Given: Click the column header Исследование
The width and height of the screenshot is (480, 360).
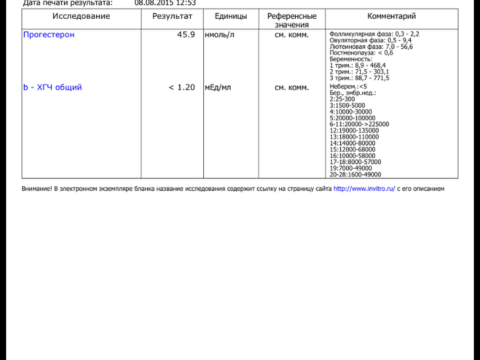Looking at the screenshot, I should (x=81, y=16).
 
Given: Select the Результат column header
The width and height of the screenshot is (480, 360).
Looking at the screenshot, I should (x=172, y=16).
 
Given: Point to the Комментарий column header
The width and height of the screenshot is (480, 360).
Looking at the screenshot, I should (x=391, y=16).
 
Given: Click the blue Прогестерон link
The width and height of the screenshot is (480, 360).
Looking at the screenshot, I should (x=49, y=35).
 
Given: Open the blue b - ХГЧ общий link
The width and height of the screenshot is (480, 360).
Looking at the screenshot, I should (x=52, y=88).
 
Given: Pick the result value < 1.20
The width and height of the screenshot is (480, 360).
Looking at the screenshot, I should (x=181, y=88).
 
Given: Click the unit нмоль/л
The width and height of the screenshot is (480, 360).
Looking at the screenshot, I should (x=220, y=35).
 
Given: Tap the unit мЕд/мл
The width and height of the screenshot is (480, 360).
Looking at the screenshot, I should (x=218, y=88).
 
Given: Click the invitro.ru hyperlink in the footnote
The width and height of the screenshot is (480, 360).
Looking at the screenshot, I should (x=364, y=188).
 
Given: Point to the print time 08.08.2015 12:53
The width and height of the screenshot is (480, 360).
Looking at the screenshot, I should (x=165, y=3).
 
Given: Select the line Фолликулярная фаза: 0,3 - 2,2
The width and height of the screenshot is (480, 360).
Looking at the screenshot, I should (x=374, y=34).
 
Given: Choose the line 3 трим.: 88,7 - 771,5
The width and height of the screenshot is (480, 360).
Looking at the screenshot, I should (x=359, y=78).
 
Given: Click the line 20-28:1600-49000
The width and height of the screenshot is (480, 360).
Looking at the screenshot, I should (x=355, y=175).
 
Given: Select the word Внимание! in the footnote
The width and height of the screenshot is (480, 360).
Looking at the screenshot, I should (x=37, y=188).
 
